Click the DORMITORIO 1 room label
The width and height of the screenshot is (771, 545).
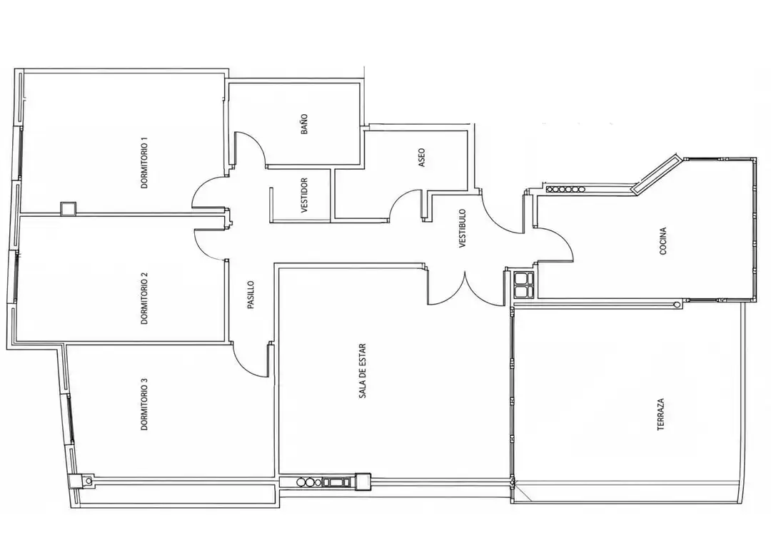(144, 163)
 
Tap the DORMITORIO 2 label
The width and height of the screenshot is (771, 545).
(144, 298)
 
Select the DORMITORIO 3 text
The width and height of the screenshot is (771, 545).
(144, 404)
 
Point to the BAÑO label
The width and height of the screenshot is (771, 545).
(304, 124)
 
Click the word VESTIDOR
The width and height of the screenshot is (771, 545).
(304, 195)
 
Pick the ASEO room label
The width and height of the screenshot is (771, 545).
(421, 158)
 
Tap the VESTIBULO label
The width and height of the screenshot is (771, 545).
(462, 228)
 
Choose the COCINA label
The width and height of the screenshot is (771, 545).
(662, 241)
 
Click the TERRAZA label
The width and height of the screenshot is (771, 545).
(661, 414)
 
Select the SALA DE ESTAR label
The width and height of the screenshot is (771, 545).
(363, 370)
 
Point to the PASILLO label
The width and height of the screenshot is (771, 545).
(251, 295)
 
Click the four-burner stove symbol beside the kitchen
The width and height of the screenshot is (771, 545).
(523, 285)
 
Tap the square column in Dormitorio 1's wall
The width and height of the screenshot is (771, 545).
(68, 209)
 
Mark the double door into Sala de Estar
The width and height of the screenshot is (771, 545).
(465, 290)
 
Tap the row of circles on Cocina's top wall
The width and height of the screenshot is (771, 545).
(565, 189)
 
